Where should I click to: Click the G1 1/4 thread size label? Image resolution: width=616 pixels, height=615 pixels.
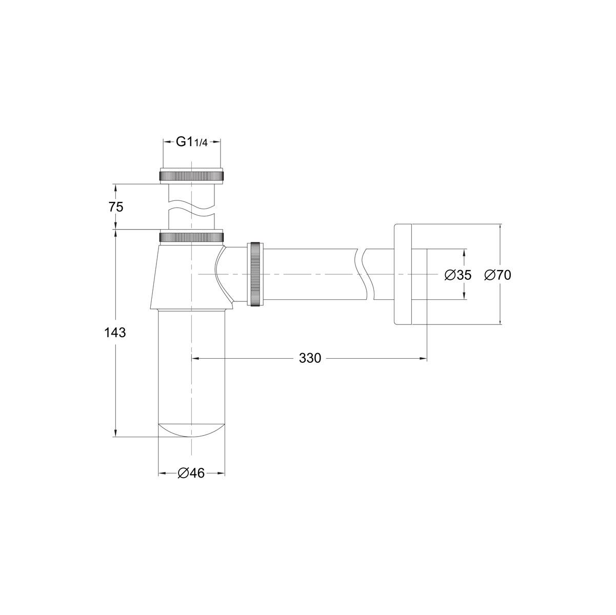[x=192, y=142]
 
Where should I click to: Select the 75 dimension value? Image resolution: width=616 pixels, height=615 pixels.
[x=116, y=207]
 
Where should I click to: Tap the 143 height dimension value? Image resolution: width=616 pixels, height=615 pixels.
[x=115, y=333]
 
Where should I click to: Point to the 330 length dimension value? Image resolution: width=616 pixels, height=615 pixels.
[x=310, y=358]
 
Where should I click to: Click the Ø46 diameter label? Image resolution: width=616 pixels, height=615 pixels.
[x=191, y=474]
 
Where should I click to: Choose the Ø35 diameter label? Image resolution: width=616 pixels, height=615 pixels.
[x=458, y=275]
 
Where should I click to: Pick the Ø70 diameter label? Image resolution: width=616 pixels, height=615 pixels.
[x=498, y=275]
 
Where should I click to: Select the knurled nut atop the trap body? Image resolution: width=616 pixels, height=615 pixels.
[x=192, y=237]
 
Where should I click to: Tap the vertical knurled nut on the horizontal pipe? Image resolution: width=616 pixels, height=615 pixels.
[x=256, y=274]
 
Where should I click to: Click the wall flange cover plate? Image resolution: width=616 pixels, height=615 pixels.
[x=403, y=274]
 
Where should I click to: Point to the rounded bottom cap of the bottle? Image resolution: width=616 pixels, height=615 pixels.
[x=191, y=430]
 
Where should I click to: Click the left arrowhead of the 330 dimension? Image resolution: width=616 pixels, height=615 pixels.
[x=195, y=358]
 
